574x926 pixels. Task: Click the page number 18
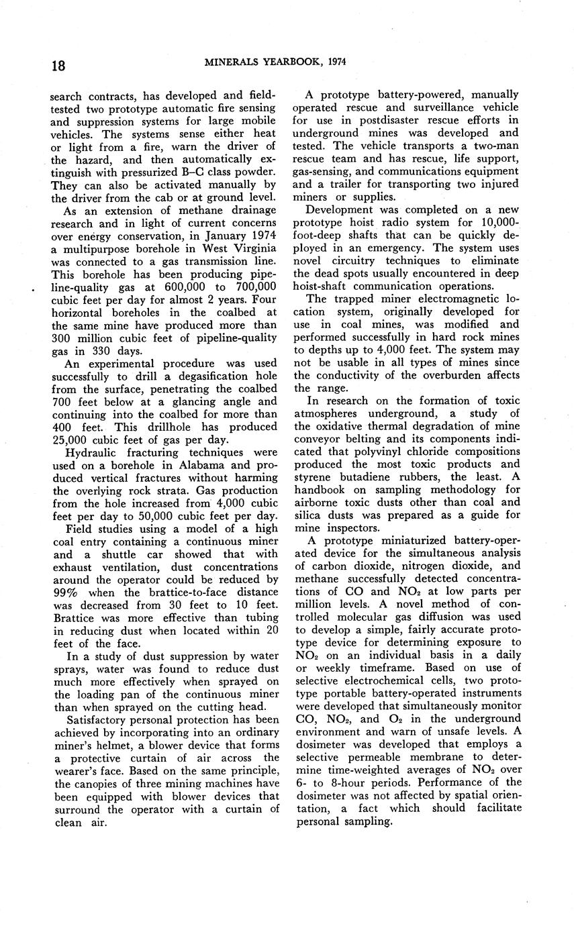pyautogui.click(x=58, y=66)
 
